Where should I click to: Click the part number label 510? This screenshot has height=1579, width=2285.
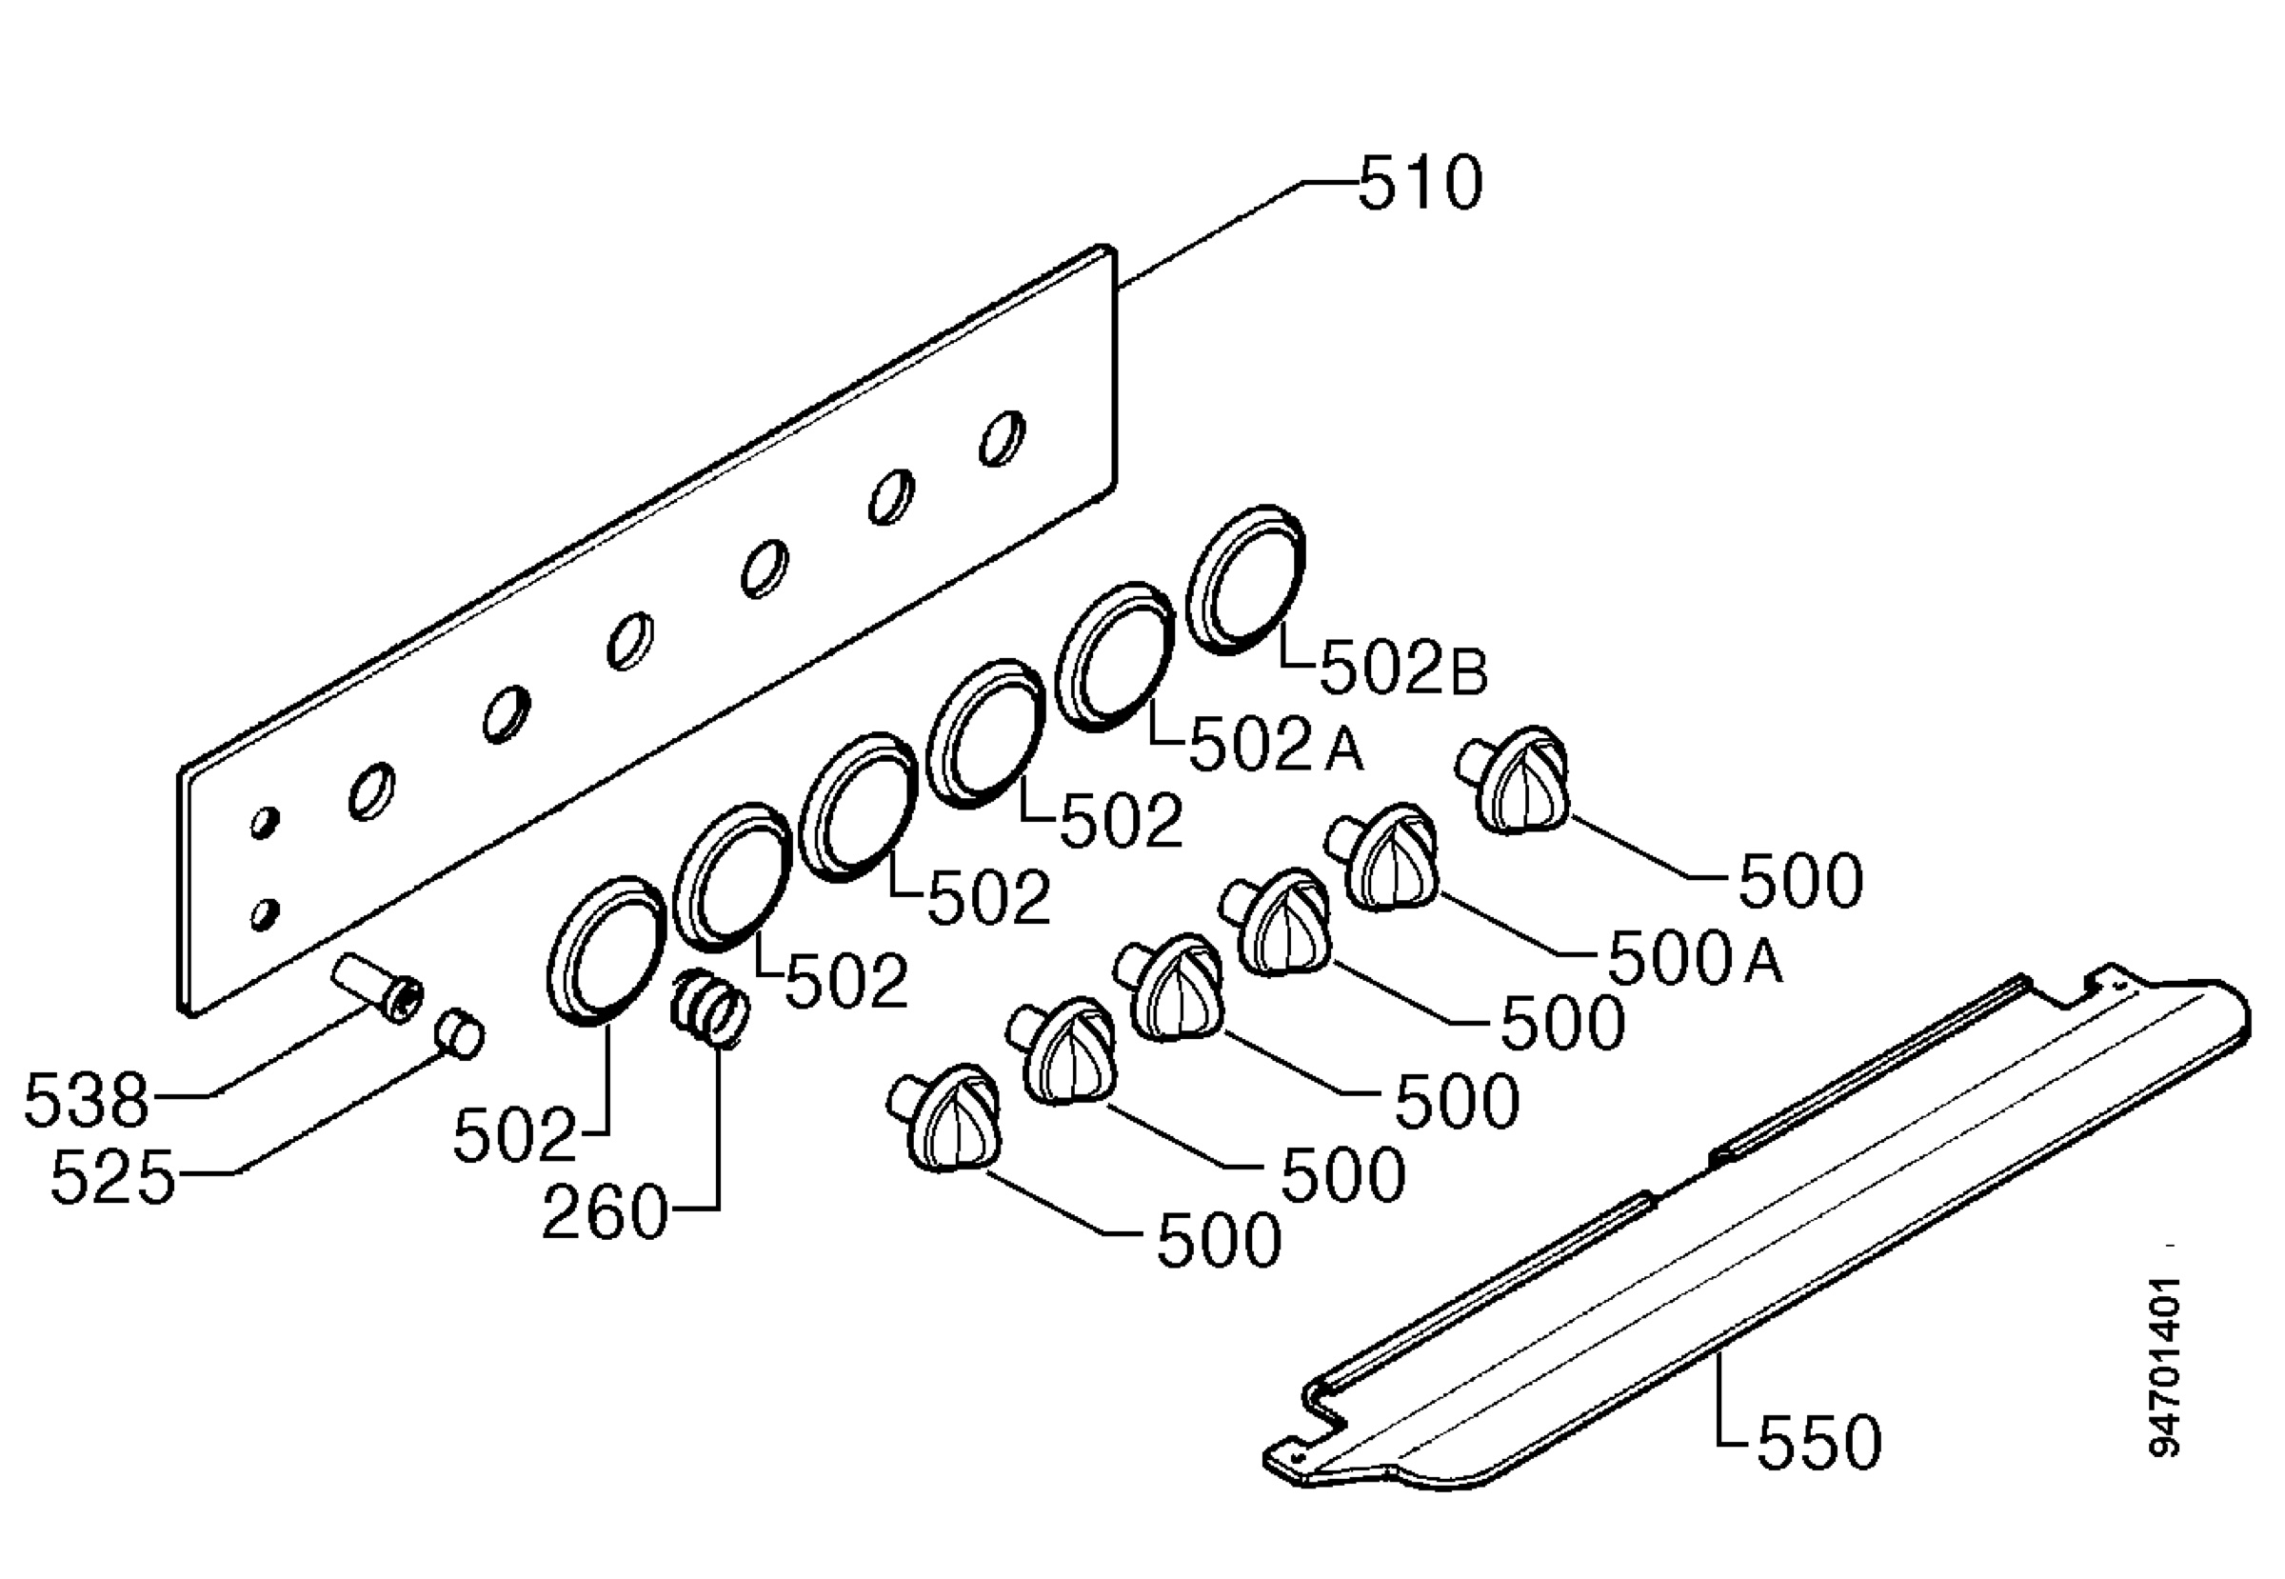point(1421,183)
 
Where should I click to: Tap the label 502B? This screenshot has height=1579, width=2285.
point(1403,669)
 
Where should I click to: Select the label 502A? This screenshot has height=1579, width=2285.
point(1276,747)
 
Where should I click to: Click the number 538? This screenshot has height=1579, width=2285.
point(86,1099)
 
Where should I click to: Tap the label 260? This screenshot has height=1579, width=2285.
point(606,1212)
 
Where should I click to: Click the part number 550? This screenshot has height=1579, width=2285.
point(1819,1442)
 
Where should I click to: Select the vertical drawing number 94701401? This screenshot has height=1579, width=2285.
point(2164,1367)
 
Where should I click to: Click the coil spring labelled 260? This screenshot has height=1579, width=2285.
point(710,1007)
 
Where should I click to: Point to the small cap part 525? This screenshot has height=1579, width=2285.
point(459,1033)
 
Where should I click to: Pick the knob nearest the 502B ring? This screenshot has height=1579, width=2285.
point(1514,780)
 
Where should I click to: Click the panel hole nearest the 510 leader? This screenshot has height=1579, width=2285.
point(1002,437)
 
